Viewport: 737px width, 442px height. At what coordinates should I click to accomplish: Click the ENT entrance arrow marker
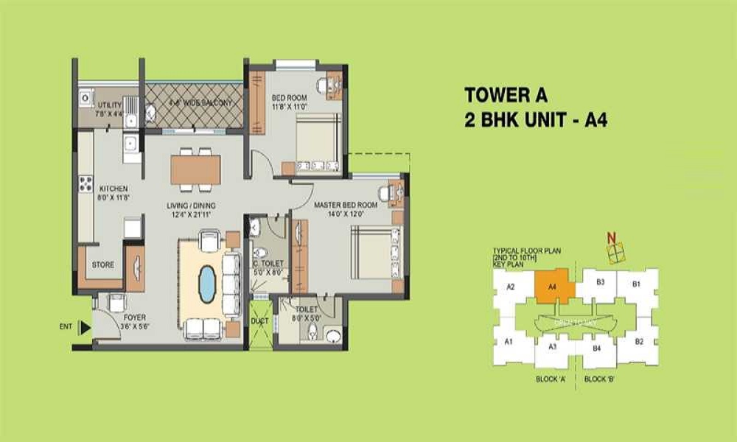pos(85,327)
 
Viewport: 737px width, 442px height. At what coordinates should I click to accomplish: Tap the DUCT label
pos(259,322)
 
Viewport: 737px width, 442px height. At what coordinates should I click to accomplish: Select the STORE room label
pos(102,264)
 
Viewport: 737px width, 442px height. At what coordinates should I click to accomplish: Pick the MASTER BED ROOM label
pos(346,204)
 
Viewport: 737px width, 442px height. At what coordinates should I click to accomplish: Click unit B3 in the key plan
pos(601,281)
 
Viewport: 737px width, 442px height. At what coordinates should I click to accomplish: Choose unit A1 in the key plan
pos(509,341)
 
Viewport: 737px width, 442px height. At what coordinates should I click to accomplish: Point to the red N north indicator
pos(610,238)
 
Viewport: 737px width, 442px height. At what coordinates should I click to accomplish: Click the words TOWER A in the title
pos(507,95)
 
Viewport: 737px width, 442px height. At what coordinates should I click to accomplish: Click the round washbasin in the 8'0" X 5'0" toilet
pos(333,337)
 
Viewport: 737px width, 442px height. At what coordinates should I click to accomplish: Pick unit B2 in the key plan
pos(639,341)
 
